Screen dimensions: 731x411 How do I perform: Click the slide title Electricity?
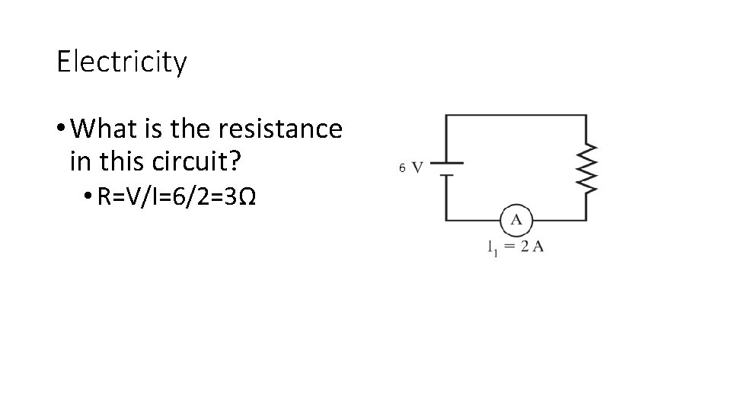click(121, 62)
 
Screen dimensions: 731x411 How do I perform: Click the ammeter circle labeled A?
click(516, 220)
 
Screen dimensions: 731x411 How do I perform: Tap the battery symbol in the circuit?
click(447, 168)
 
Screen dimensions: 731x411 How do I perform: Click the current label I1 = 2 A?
click(515, 247)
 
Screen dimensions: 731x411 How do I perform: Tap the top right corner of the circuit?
click(586, 116)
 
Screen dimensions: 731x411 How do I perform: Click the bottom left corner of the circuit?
click(447, 220)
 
